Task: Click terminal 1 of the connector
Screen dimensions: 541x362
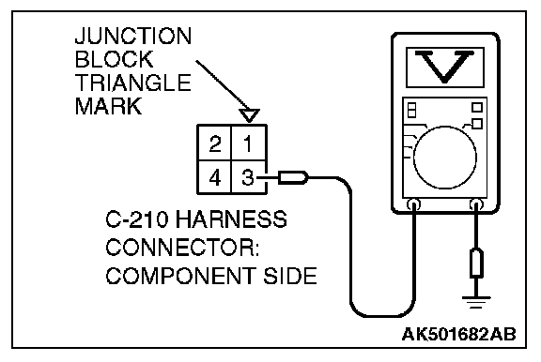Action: point(248,143)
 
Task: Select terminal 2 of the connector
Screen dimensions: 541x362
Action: point(214,143)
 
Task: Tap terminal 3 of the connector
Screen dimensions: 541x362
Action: point(248,177)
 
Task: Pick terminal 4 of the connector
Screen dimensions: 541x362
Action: point(214,177)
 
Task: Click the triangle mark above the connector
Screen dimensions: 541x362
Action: point(249,115)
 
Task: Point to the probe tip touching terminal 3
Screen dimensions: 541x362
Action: point(293,177)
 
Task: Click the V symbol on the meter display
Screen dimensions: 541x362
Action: point(445,67)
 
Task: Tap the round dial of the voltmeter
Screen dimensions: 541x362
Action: point(445,158)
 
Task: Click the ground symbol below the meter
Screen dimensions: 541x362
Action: point(476,301)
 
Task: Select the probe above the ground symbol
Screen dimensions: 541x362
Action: point(476,264)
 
